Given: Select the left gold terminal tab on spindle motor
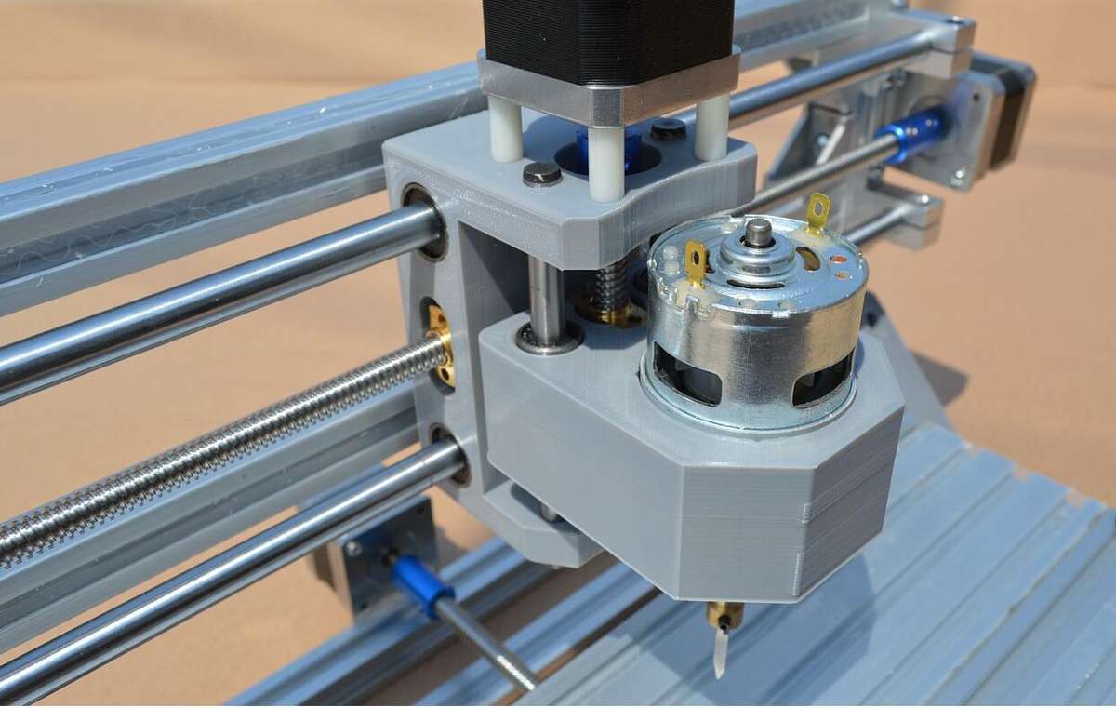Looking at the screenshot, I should click(696, 261).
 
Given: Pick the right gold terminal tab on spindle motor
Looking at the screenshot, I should click(817, 213).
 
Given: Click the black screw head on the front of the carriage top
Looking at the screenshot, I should click(541, 174).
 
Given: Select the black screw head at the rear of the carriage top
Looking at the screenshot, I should click(667, 130).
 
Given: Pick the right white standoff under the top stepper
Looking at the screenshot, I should click(712, 126).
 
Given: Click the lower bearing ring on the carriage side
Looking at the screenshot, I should click(451, 455).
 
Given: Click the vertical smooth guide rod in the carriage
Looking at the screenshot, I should click(546, 299).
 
